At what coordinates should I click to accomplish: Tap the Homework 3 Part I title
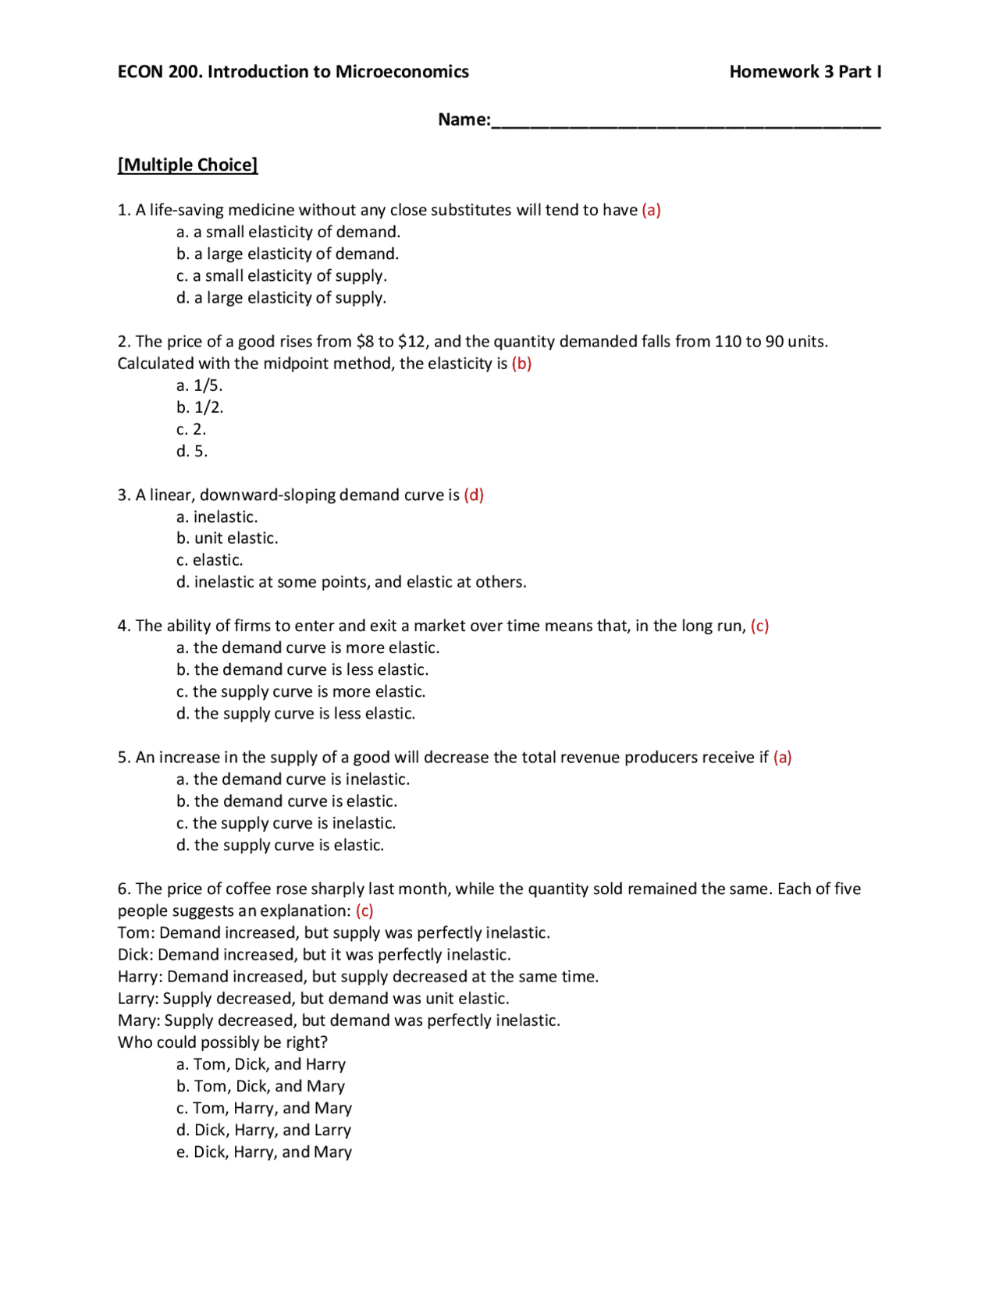click(x=805, y=72)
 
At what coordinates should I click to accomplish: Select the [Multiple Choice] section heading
click(x=187, y=165)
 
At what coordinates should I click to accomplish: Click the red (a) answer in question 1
click(x=651, y=210)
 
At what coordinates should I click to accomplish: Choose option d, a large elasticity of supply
click(x=281, y=297)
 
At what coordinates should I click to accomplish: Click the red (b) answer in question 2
click(x=521, y=364)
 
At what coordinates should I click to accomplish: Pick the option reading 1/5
click(x=200, y=385)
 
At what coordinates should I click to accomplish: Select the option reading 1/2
click(x=200, y=407)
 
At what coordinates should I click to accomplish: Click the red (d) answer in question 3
click(x=474, y=495)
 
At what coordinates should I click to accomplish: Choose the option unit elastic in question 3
click(x=227, y=538)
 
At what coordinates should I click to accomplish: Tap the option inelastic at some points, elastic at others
click(x=351, y=582)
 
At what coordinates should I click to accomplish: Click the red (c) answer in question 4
click(x=759, y=626)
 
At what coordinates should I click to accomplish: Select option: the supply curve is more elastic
click(x=300, y=691)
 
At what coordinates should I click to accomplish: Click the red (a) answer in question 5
click(x=782, y=757)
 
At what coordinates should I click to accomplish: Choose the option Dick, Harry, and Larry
click(x=264, y=1130)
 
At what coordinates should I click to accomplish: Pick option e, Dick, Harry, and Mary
click(x=264, y=1152)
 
